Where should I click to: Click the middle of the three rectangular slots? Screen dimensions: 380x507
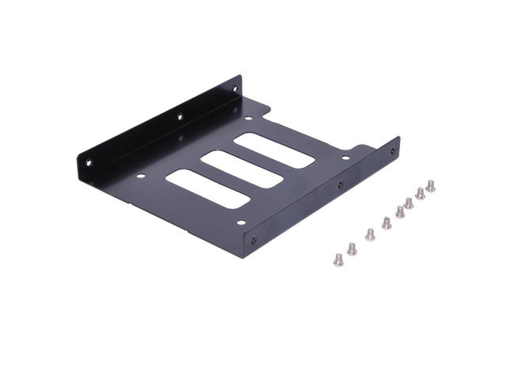pyautogui.click(x=242, y=169)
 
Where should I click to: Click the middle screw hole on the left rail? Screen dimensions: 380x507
pyautogui.click(x=180, y=117)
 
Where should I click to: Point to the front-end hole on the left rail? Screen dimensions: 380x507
pyautogui.click(x=89, y=162)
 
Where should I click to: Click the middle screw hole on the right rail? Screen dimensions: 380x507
pyautogui.click(x=341, y=185)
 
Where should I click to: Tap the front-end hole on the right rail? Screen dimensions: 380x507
pyautogui.click(x=253, y=239)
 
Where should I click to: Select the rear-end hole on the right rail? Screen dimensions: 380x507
pyautogui.click(x=391, y=151)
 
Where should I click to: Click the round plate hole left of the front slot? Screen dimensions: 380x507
pyautogui.click(x=141, y=176)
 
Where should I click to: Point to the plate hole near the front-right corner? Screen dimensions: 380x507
pyautogui.click(x=241, y=222)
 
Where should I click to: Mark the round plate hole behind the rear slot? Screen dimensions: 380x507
pyautogui.click(x=248, y=120)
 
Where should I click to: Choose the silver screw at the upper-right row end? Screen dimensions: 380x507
pyautogui.click(x=430, y=185)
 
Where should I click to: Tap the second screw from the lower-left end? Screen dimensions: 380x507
pyautogui.click(x=352, y=249)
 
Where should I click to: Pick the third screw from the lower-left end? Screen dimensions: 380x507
pyautogui.click(x=370, y=234)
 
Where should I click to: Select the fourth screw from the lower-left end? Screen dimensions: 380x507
pyautogui.click(x=387, y=222)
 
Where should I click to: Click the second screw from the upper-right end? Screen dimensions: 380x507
pyautogui.click(x=420, y=192)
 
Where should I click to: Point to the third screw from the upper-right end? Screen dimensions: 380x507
pyautogui.click(x=409, y=203)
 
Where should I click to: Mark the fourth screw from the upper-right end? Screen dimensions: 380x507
pyautogui.click(x=400, y=211)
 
